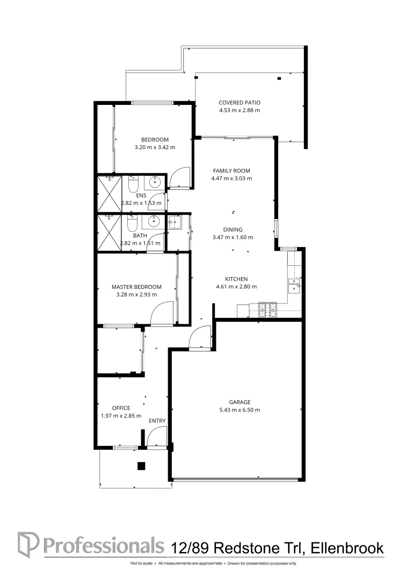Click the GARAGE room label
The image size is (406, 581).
pos(240,402)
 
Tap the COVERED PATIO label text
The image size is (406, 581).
pos(240,102)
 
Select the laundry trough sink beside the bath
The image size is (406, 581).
pos(175,222)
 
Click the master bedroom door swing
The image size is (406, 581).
pos(162,314)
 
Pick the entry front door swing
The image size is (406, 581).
pos(157,437)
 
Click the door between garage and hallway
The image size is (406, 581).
pos(200,339)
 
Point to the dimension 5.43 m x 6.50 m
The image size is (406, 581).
pos(240,410)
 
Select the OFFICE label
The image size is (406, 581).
pos(121,408)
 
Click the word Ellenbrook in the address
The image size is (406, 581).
pos(349,548)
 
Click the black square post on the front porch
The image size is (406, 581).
pos(141,466)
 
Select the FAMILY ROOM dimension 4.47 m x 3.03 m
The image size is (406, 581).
pos(231,178)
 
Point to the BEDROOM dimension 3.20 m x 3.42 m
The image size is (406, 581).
pos(155,147)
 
